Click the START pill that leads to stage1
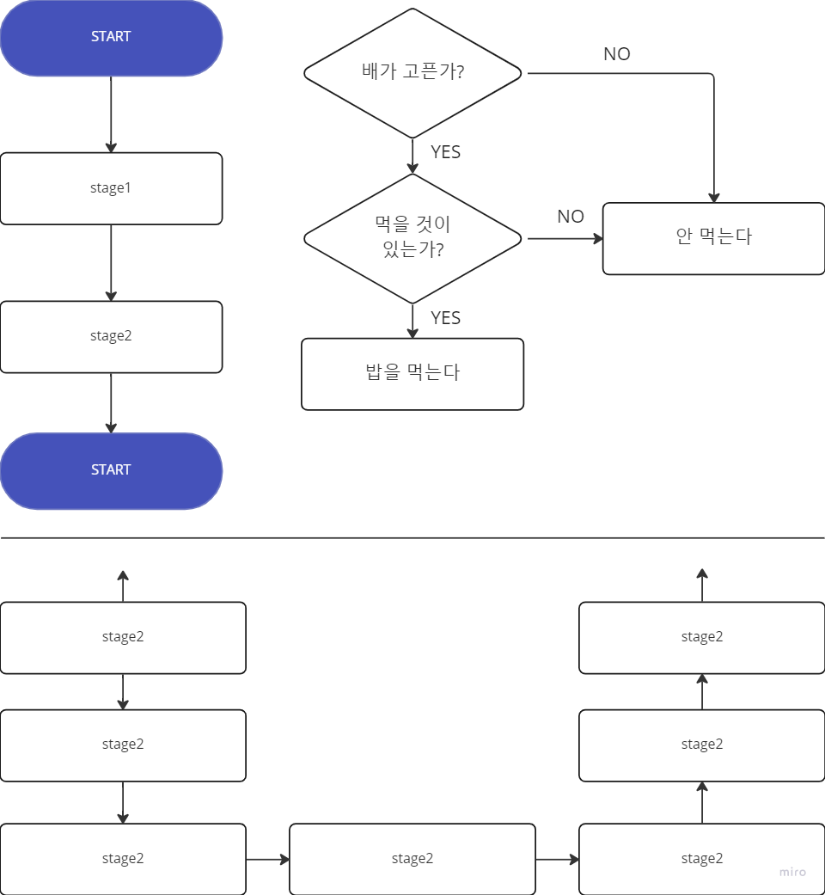[111, 37]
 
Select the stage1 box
[111, 188]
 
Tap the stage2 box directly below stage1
[111, 336]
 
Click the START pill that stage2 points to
[111, 470]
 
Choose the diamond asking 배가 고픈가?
[412, 72]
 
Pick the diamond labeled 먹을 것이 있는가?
[412, 238]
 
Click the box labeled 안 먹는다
[713, 238]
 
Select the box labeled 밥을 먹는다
[412, 373]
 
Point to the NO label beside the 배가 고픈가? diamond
[616, 54]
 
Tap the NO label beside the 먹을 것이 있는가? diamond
[570, 217]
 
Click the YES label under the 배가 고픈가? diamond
[445, 152]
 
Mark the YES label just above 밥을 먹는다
[445, 318]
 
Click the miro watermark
[792, 872]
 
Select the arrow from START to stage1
[111, 114]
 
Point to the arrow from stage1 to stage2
[111, 262]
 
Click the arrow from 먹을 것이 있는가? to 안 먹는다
[564, 238]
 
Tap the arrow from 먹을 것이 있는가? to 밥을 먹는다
[412, 321]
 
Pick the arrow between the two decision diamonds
[412, 156]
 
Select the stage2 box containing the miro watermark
[701, 858]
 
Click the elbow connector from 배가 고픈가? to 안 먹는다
[713, 129]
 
